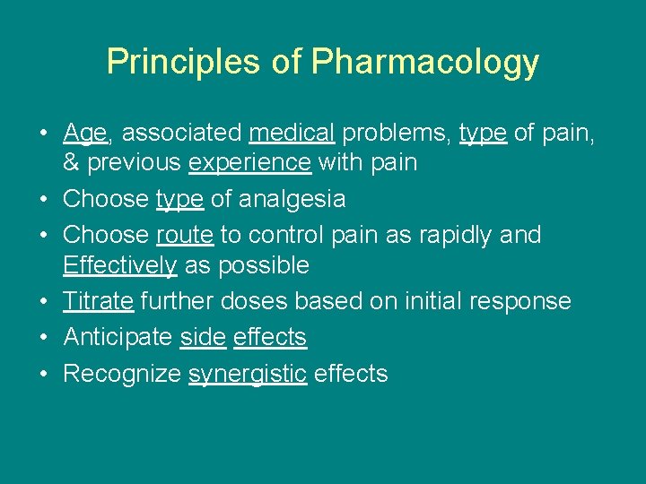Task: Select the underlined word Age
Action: (x=85, y=134)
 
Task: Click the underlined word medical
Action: (x=292, y=133)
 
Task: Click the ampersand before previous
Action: (x=70, y=163)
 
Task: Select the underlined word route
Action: (x=184, y=235)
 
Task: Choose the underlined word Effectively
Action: (x=119, y=265)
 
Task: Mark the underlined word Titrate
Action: (x=98, y=301)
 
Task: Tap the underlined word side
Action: (x=202, y=337)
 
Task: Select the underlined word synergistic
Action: (x=247, y=374)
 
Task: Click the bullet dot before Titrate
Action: (x=43, y=301)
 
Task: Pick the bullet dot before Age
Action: (x=43, y=134)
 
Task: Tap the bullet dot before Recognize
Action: (x=43, y=374)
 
